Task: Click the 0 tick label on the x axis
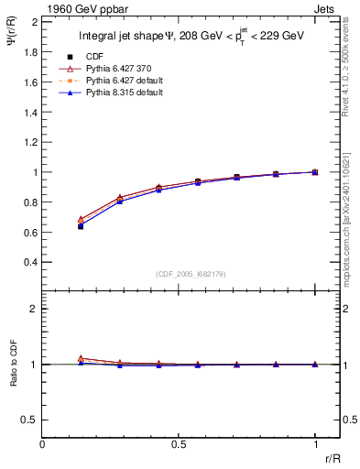click(x=43, y=445)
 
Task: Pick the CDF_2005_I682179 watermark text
click(x=180, y=272)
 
